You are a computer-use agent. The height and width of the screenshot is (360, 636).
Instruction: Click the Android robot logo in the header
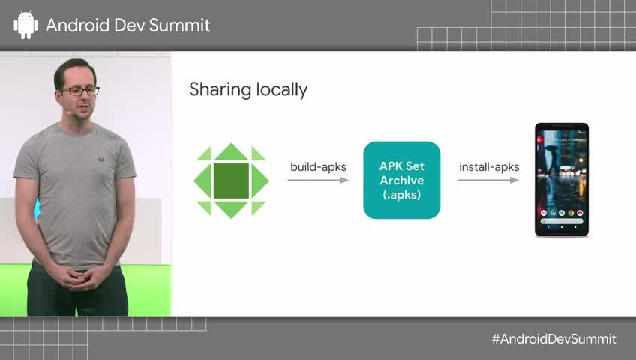[x=25, y=25]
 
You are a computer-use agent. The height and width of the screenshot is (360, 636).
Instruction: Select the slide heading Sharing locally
[x=248, y=90]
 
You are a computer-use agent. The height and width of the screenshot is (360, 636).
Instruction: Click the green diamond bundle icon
[x=231, y=180]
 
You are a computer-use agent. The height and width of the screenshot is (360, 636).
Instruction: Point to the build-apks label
[x=318, y=166]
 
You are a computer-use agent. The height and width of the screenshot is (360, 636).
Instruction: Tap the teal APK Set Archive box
[x=401, y=180]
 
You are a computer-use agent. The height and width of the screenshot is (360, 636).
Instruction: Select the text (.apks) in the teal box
[x=401, y=195]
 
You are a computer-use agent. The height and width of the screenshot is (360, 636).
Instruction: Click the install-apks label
[x=489, y=166]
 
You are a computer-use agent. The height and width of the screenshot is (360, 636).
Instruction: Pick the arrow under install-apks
[x=489, y=181]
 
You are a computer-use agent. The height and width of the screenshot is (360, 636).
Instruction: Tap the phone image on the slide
[x=561, y=180]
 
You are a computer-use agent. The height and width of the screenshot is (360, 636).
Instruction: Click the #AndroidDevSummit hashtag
[x=553, y=339]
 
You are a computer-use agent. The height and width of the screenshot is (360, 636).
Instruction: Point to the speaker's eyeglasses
[x=79, y=91]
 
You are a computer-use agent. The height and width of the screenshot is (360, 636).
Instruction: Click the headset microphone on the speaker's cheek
[x=67, y=111]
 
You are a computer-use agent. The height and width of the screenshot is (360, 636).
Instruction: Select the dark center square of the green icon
[x=231, y=180]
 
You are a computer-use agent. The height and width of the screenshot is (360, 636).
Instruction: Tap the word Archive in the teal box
[x=401, y=181]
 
